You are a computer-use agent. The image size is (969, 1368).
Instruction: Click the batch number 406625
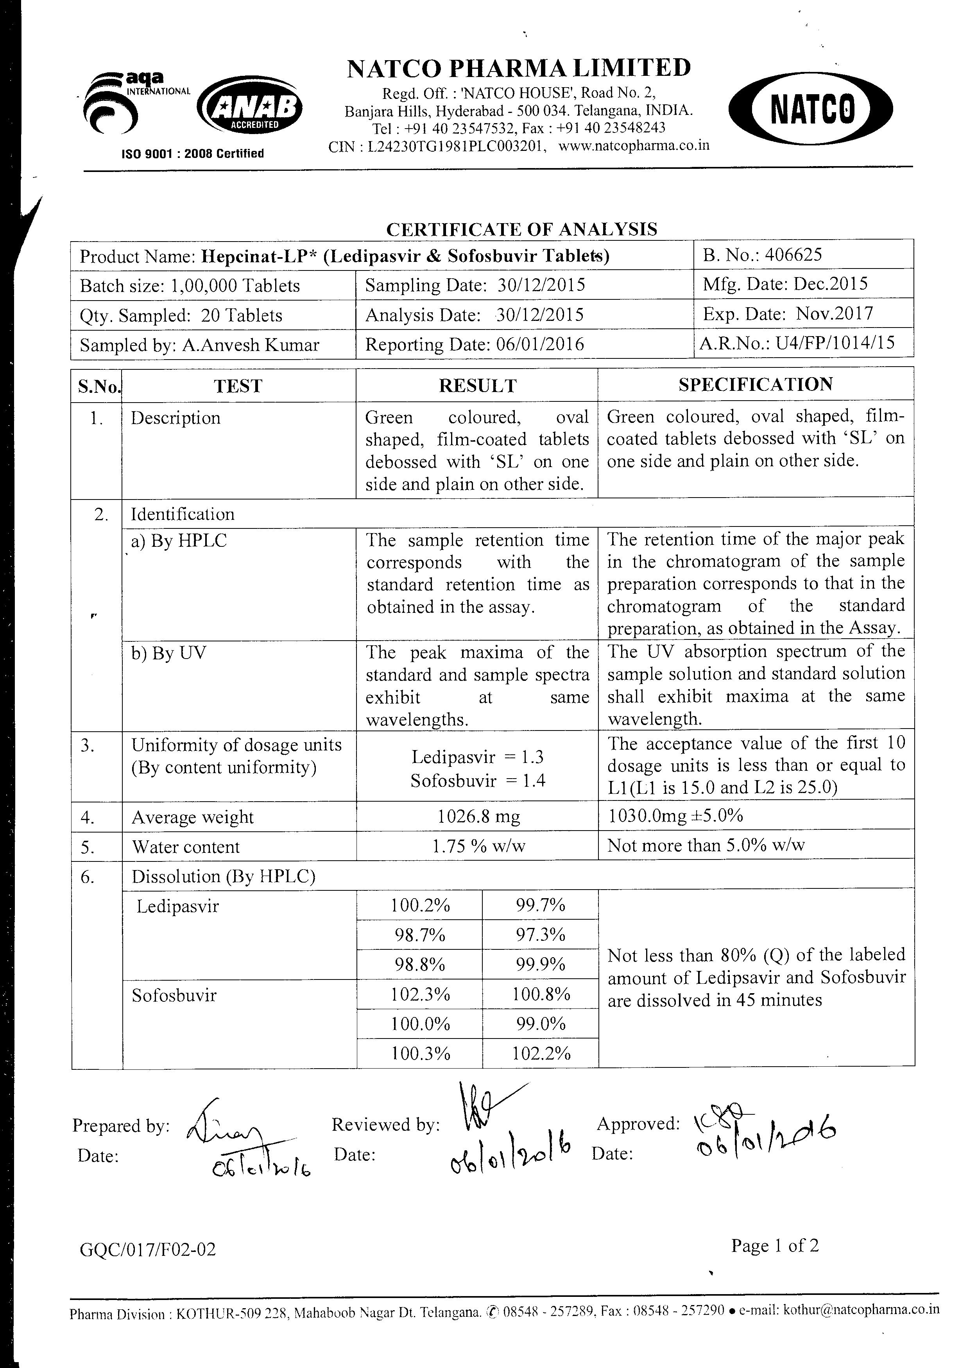tap(793, 255)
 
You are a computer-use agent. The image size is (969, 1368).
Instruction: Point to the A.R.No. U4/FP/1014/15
tap(835, 344)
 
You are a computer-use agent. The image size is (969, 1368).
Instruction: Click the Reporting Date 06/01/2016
tap(539, 344)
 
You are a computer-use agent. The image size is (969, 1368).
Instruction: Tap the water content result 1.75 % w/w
tap(478, 847)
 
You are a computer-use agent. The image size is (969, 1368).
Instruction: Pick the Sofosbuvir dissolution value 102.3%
tap(420, 994)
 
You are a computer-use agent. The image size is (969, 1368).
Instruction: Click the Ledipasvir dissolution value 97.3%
tap(540, 935)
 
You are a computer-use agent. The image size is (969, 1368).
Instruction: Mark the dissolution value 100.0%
tap(420, 1024)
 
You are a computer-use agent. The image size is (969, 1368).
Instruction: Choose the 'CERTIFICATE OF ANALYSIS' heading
tap(521, 229)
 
